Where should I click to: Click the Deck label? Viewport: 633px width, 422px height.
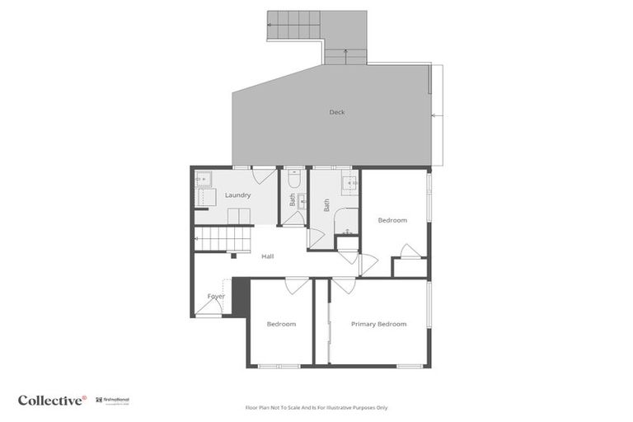coord(336,112)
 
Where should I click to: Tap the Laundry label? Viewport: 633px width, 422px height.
coord(237,195)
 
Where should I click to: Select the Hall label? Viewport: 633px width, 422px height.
coord(267,256)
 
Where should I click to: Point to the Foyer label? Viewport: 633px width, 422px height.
coord(216,296)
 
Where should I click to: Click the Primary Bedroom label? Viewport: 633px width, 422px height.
coord(378,324)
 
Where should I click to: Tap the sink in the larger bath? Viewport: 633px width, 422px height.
coord(348,181)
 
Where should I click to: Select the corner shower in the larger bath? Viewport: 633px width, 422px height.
coord(347,221)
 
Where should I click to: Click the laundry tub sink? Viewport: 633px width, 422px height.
coord(203,178)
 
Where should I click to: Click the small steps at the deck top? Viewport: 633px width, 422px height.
coord(345,55)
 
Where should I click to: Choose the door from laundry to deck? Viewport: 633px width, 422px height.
coord(265,175)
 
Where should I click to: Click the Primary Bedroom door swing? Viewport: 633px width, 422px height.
coord(344,285)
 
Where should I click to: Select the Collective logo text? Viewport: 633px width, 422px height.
coord(51,401)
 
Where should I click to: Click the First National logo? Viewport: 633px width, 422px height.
coord(112,401)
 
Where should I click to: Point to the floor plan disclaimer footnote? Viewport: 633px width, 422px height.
coord(316,407)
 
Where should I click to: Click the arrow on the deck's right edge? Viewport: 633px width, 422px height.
coord(438,117)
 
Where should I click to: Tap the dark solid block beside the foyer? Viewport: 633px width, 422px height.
coord(241,296)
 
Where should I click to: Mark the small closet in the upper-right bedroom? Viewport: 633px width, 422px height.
coord(410,268)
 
